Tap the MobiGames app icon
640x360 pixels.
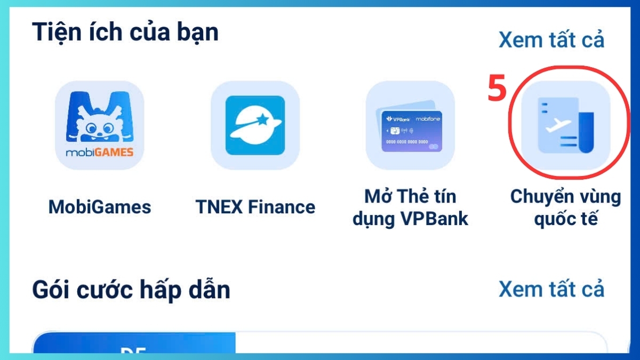coord(100,125)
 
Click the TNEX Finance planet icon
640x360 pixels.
coord(255,125)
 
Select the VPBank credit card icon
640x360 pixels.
coord(410,125)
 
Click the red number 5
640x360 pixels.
coord(497,89)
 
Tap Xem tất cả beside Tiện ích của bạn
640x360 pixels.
coord(551,40)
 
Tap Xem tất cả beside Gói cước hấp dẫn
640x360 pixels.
coord(551,289)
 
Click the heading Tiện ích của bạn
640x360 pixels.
coord(125,32)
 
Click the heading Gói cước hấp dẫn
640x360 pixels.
coord(131,291)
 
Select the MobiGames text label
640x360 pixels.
coord(100,207)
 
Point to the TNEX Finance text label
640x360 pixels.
coord(255,207)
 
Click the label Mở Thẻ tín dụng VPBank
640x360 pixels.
coord(410,207)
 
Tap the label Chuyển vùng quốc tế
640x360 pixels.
coord(565,207)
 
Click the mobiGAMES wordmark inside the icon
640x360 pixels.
coord(100,153)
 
